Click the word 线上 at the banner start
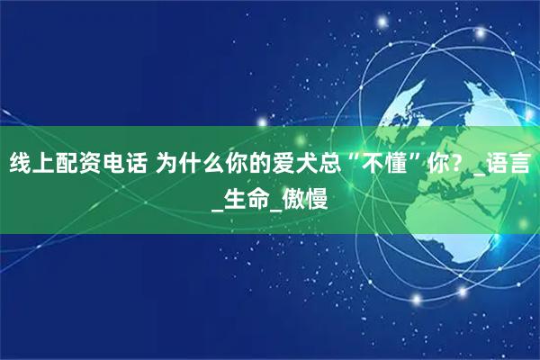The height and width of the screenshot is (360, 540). pyautogui.click(x=31, y=165)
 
